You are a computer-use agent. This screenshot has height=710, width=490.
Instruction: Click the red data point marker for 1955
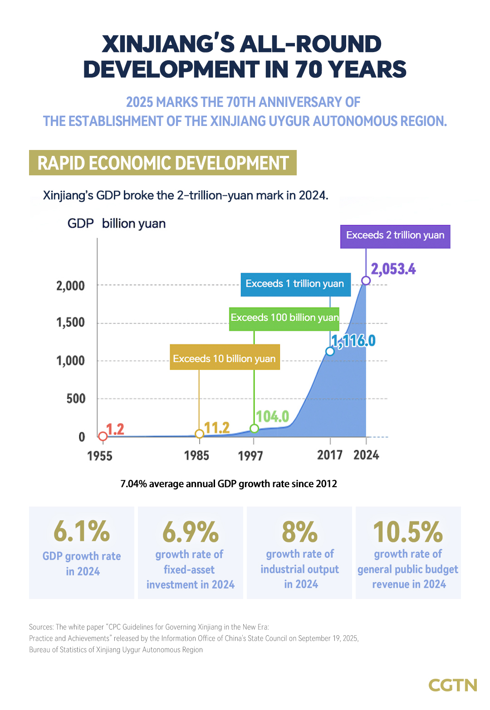pyautogui.click(x=103, y=436)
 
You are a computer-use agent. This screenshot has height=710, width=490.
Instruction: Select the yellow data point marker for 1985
pyautogui.click(x=199, y=434)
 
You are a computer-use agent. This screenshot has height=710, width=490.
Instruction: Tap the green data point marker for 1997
pyautogui.click(x=255, y=429)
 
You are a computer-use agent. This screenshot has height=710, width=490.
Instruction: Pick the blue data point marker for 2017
pyautogui.click(x=330, y=351)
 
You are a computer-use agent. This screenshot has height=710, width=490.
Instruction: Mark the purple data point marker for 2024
pyautogui.click(x=366, y=280)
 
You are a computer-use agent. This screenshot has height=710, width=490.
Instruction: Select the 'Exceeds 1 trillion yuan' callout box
pyautogui.click(x=295, y=284)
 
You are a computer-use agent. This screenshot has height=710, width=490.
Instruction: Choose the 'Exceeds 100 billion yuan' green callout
pyautogui.click(x=284, y=318)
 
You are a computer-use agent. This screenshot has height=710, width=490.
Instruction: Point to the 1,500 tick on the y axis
pyautogui.click(x=70, y=323)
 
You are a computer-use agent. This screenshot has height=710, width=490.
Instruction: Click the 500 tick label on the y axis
pyautogui.click(x=76, y=399)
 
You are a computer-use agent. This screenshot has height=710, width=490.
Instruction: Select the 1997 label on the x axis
pyautogui.click(x=250, y=456)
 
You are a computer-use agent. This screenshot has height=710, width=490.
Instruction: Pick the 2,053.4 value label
pyautogui.click(x=393, y=269)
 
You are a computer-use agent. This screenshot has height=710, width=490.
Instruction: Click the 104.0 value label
pyautogui.click(x=272, y=416)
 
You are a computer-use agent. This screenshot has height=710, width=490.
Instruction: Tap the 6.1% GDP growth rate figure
pyautogui.click(x=82, y=531)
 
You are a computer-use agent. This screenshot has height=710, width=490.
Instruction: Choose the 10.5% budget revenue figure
pyautogui.click(x=408, y=532)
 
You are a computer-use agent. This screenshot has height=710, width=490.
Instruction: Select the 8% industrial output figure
pyautogui.click(x=299, y=532)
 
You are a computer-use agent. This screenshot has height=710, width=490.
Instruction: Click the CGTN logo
pyautogui.click(x=452, y=685)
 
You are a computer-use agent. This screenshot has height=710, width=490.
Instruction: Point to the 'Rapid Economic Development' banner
pyautogui.click(x=163, y=163)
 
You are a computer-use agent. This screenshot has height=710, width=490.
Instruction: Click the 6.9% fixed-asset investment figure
pyautogui.click(x=191, y=532)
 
